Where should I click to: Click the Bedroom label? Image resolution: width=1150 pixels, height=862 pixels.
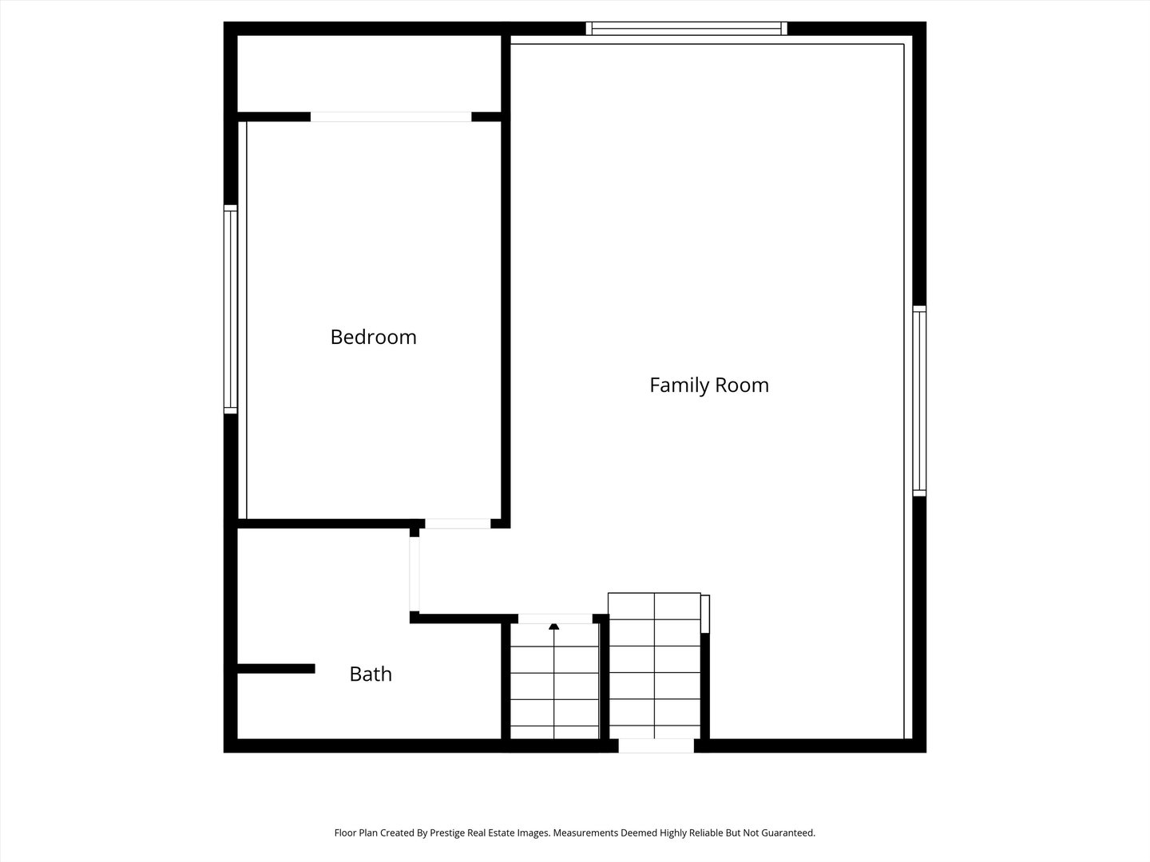pyautogui.click(x=374, y=337)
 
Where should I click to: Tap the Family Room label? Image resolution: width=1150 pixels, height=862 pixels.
pyautogui.click(x=709, y=386)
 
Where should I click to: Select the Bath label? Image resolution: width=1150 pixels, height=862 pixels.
pyautogui.click(x=371, y=674)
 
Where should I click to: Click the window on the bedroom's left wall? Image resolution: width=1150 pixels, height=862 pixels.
pyautogui.click(x=231, y=310)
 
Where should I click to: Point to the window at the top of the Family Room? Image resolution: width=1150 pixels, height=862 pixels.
pyautogui.click(x=686, y=29)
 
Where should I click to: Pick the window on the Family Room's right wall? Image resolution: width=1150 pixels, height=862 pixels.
pyautogui.click(x=919, y=401)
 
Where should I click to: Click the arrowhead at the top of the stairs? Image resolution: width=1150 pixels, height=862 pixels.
pyautogui.click(x=553, y=627)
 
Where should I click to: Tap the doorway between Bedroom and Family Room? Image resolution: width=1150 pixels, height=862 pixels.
pyautogui.click(x=458, y=524)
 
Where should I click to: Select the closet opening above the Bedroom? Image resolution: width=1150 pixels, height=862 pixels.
pyautogui.click(x=391, y=117)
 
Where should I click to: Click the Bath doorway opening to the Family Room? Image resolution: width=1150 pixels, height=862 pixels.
pyautogui.click(x=414, y=574)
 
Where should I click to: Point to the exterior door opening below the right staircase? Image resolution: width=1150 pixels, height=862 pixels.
pyautogui.click(x=656, y=745)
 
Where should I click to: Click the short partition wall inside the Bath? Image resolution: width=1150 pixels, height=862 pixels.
pyautogui.click(x=276, y=668)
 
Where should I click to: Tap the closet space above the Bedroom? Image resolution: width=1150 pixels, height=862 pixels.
pyautogui.click(x=370, y=73)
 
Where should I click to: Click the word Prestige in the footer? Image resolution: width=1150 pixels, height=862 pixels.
pyautogui.click(x=448, y=833)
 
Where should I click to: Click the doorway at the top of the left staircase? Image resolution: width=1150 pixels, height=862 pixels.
pyautogui.click(x=555, y=619)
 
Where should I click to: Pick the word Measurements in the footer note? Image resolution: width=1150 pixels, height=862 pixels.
pyautogui.click(x=585, y=832)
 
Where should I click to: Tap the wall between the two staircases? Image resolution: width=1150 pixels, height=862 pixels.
pyautogui.click(x=604, y=677)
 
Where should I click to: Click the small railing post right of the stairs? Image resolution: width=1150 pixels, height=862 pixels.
pyautogui.click(x=705, y=615)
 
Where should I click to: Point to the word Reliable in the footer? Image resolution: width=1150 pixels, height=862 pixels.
pyautogui.click(x=707, y=832)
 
